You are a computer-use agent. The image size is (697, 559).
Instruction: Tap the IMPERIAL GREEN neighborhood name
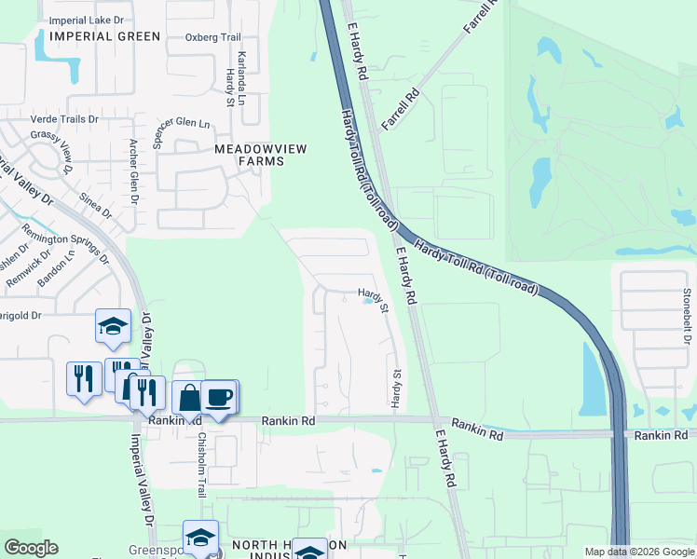click(105, 36)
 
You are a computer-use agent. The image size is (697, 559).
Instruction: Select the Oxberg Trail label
click(213, 37)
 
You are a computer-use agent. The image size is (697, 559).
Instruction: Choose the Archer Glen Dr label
click(134, 170)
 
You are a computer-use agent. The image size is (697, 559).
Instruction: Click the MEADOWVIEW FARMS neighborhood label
click(249, 155)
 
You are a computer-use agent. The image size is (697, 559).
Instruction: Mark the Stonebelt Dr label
click(687, 317)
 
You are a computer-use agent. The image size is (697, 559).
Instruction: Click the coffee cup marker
click(219, 397)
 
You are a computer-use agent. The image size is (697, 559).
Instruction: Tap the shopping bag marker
click(189, 398)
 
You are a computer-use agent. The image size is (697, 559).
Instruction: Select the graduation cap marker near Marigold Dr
click(113, 327)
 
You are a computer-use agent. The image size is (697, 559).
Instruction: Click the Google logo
click(31, 548)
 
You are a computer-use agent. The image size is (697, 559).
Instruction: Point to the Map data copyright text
click(639, 552)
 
